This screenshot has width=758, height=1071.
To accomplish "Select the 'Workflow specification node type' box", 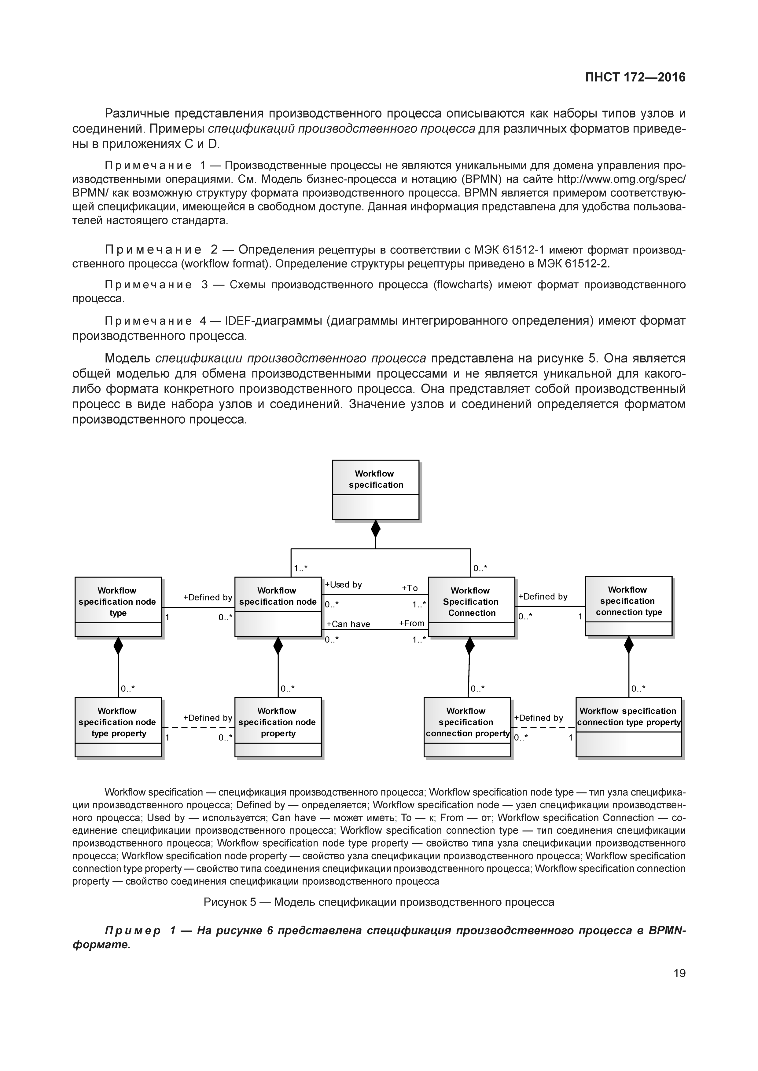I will tap(118, 607).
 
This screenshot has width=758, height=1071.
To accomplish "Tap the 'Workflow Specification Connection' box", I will tap(471, 607).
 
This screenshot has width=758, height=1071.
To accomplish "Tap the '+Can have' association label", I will tap(348, 624).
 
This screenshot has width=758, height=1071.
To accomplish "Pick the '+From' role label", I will tap(412, 623).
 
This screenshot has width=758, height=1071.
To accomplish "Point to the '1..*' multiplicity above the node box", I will tap(300, 568).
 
